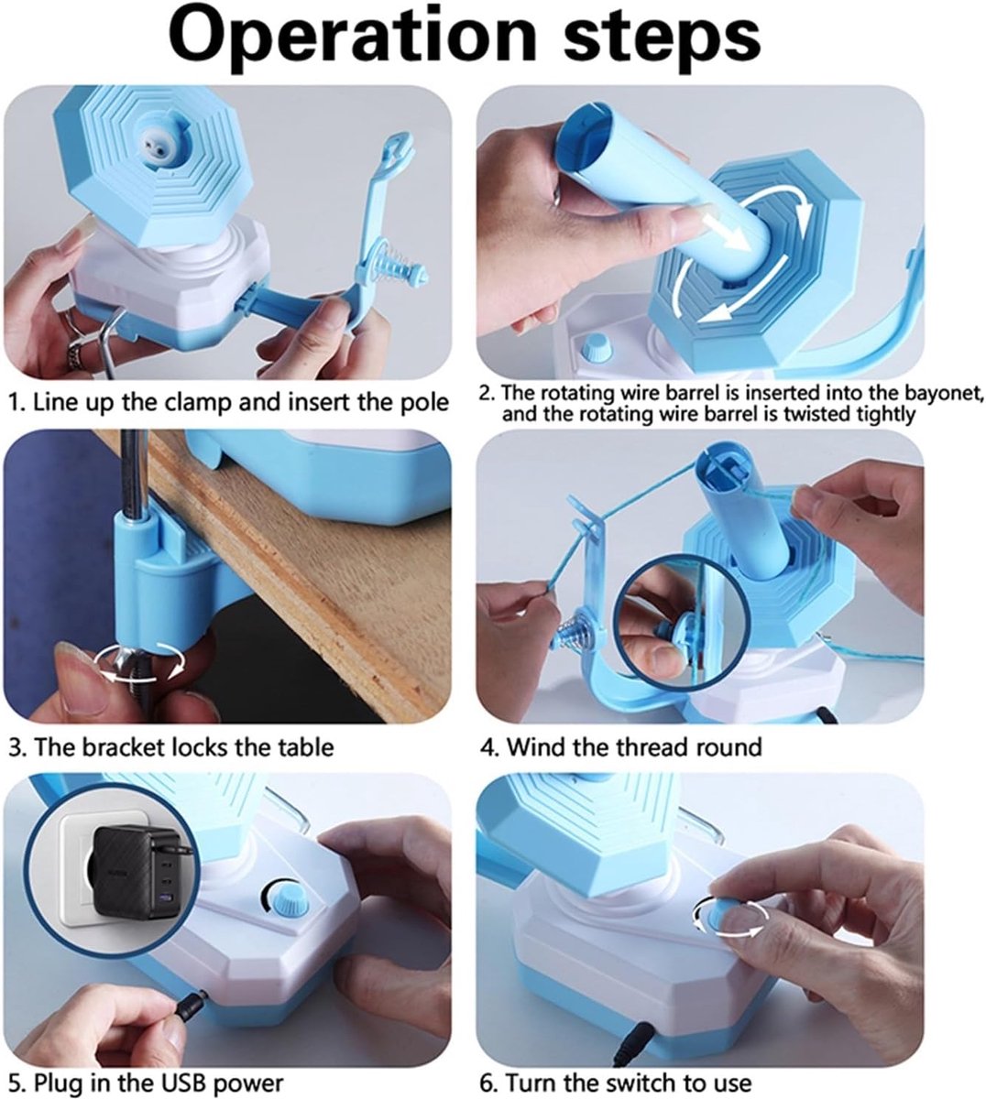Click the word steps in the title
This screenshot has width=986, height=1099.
pos(662,38)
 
